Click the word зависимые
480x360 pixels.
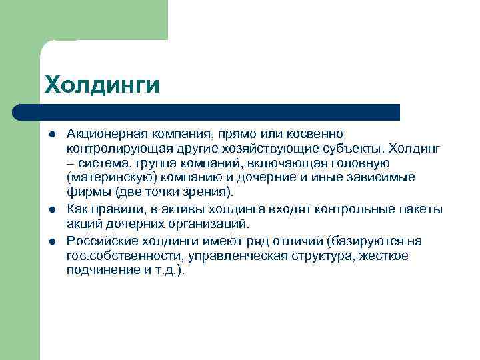coord(383,178)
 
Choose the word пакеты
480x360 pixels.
coord(418,209)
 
